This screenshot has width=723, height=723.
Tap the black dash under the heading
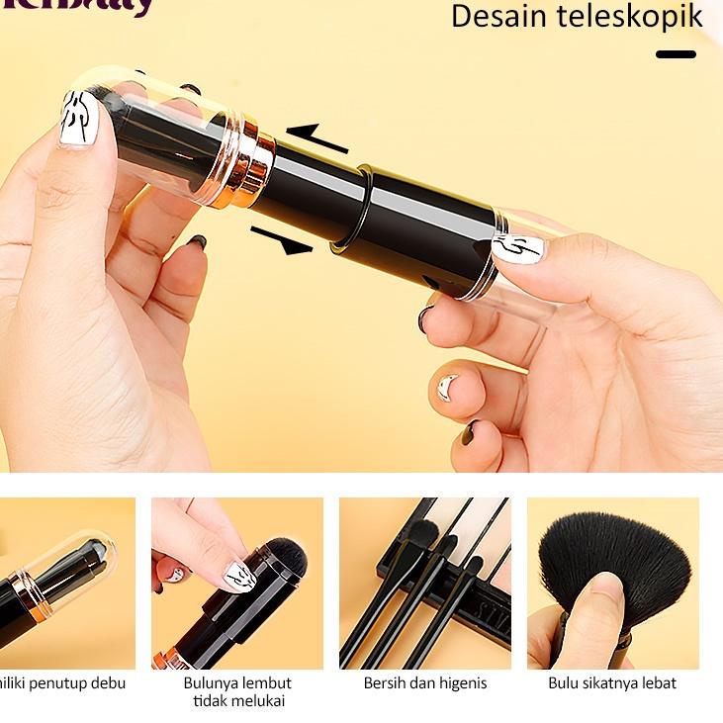point(676,53)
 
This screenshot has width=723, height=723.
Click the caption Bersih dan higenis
point(425,682)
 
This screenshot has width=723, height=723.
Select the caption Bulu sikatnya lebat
point(612,682)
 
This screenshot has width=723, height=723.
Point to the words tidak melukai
point(237,701)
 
